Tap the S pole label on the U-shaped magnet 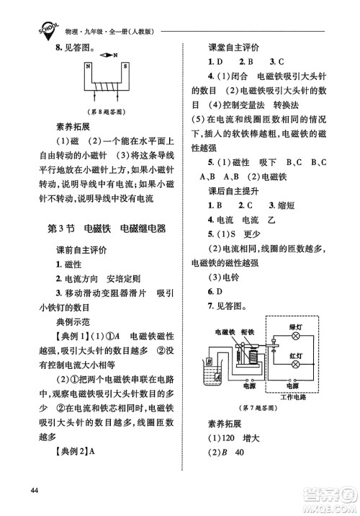(124, 68)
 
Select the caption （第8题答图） (104, 112)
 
